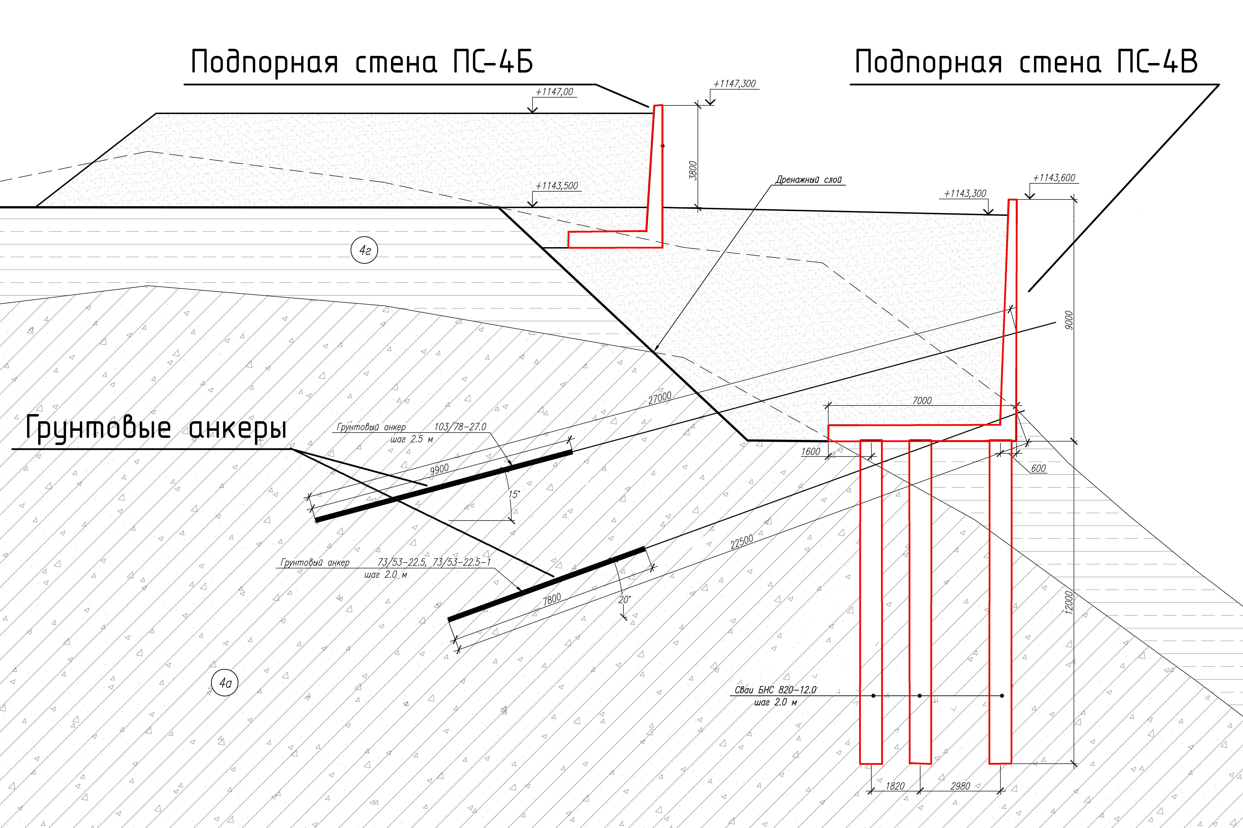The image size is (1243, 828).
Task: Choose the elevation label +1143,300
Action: point(965,194)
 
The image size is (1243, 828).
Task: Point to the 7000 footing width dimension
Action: point(922,401)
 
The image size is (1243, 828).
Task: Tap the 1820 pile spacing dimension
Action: point(895,786)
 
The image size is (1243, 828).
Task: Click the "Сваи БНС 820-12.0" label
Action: point(775,690)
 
